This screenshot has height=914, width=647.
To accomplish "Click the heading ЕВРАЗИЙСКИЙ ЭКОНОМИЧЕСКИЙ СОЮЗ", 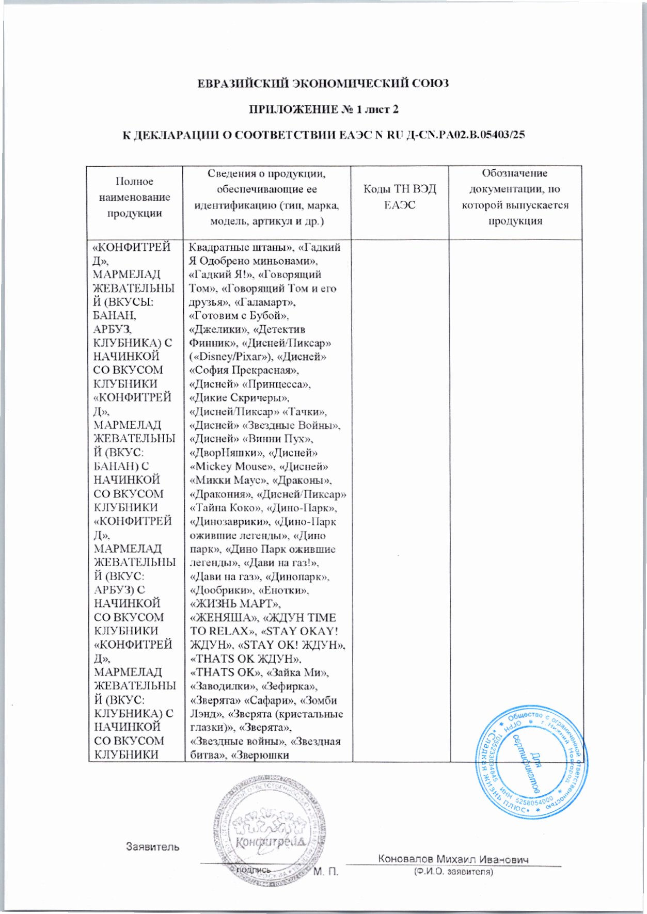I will coord(323,83).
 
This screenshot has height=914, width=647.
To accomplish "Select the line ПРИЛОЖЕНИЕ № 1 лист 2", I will coord(323,109).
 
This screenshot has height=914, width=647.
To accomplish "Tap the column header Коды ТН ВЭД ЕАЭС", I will coord(399,197).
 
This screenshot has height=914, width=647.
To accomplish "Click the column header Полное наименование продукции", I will coord(134,197).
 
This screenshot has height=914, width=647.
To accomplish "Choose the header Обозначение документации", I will coord(515,197).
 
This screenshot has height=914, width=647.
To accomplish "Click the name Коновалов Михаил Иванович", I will coord(453,859).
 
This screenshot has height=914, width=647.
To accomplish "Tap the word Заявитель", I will coord(153,847).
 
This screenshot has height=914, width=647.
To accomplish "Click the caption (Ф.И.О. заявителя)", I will coord(453,872).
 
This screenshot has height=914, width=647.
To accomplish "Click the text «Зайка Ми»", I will coord(295,672).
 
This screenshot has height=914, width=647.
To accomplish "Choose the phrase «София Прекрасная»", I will coord(245,371).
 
